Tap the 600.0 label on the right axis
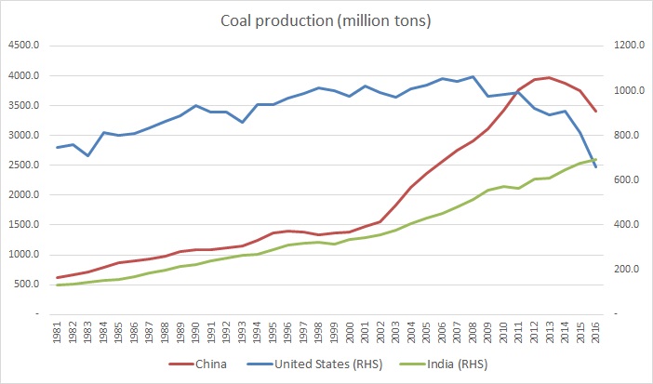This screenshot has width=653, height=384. coord(623,179)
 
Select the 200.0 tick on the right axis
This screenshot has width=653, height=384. coord(623,270)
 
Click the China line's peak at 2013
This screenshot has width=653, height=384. coord(549,77)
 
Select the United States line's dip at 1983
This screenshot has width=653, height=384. coord(88,155)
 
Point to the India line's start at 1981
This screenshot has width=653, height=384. coord(58,285)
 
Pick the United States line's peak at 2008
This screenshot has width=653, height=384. coord(473,77)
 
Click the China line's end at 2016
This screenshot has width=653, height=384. coord(595,112)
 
